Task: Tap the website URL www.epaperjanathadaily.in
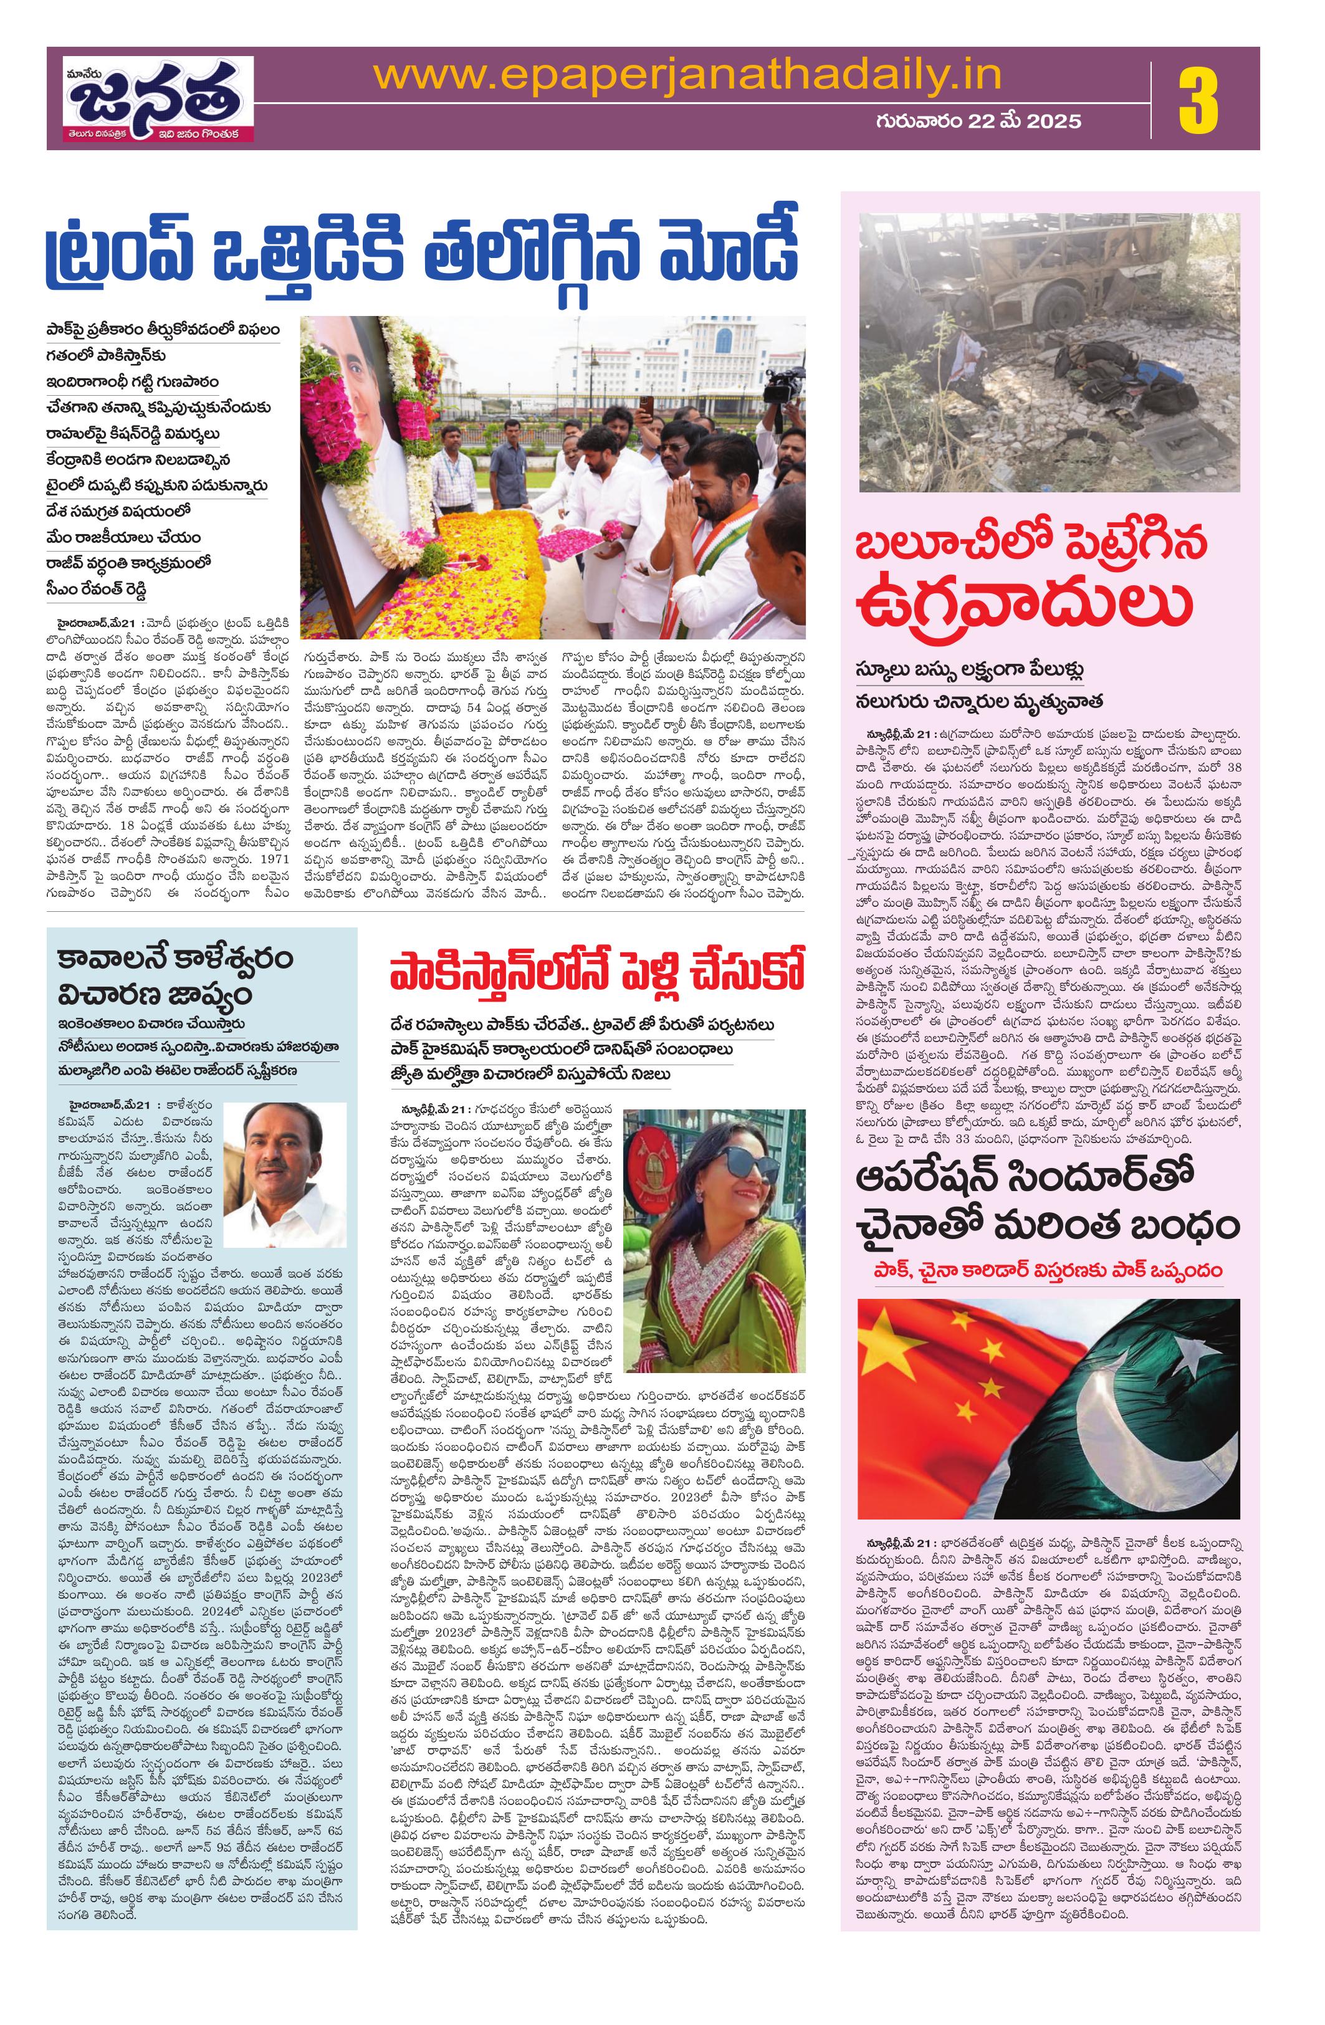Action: pos(687,77)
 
